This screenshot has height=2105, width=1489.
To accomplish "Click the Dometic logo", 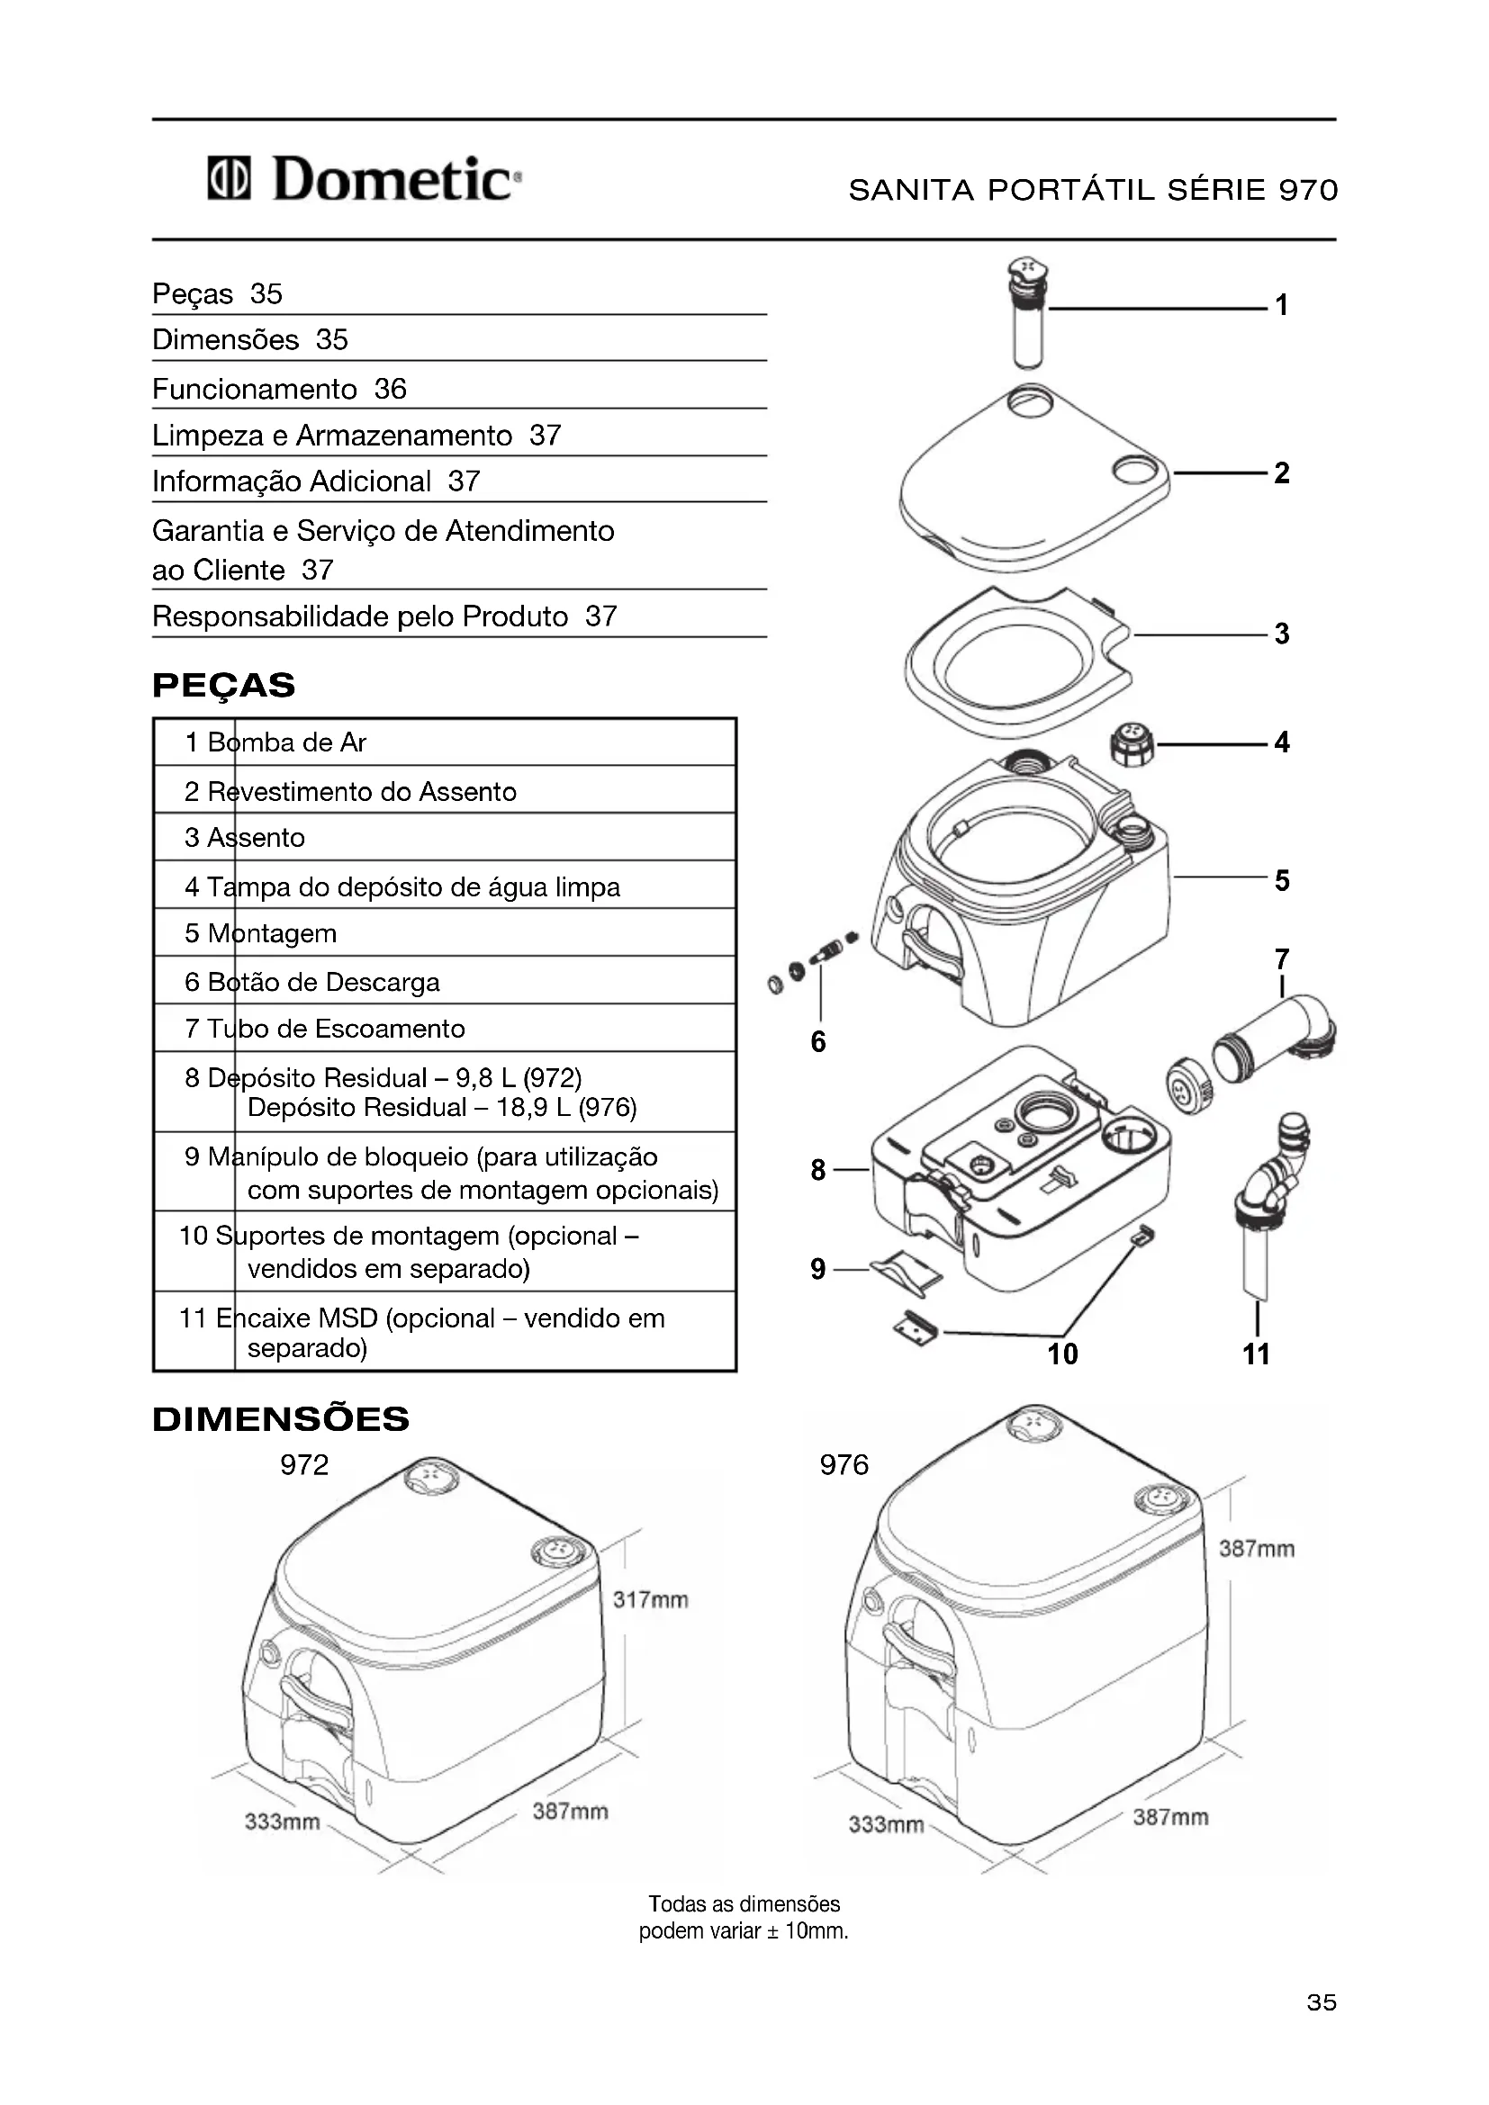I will pyautogui.click(x=365, y=179).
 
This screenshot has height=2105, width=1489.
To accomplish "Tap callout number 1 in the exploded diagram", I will pyautogui.click(x=1282, y=305).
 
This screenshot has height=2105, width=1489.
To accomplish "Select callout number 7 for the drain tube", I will pyautogui.click(x=1282, y=959).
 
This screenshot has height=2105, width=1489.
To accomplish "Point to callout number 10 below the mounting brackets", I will pyautogui.click(x=1062, y=1354).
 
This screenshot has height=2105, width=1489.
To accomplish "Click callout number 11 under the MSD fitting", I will pyautogui.click(x=1256, y=1354).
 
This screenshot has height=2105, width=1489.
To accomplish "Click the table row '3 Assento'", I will pyautogui.click(x=444, y=837).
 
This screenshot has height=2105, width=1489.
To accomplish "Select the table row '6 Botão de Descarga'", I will pyautogui.click(x=444, y=982).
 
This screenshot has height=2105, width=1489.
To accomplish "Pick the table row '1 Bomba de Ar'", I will pyautogui.click(x=444, y=742).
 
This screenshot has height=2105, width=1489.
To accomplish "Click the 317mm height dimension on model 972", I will pyautogui.click(x=650, y=1600).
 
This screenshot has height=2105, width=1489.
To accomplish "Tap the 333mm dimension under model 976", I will pyautogui.click(x=886, y=1823).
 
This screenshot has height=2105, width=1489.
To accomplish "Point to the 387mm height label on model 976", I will pyautogui.click(x=1256, y=1549).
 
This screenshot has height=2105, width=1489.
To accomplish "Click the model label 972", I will pyautogui.click(x=304, y=1464).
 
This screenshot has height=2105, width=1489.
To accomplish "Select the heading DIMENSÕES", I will pyautogui.click(x=281, y=1419).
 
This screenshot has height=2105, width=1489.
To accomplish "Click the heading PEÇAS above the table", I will pyautogui.click(x=224, y=685).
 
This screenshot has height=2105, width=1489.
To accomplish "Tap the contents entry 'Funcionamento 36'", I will pyautogui.click(x=280, y=389).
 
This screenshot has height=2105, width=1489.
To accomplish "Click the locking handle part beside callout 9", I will pyautogui.click(x=906, y=1272).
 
